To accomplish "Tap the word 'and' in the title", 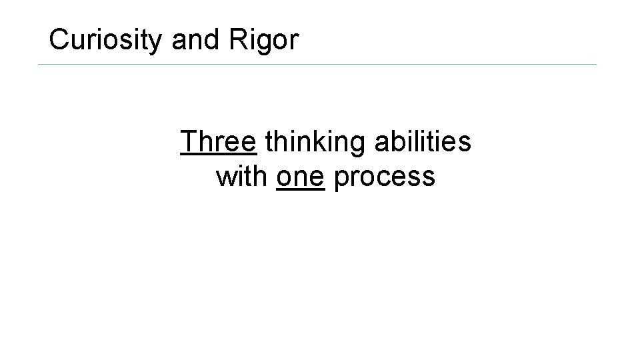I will click(x=190, y=40).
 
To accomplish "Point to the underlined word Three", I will click(x=219, y=141).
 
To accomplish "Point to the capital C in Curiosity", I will click(x=59, y=40).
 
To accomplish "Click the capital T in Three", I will click(x=188, y=141).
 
